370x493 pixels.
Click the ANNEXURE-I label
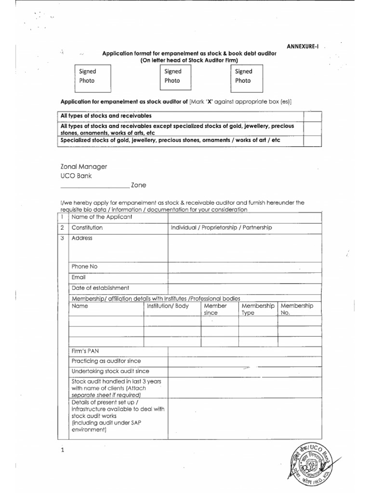tap(303, 46)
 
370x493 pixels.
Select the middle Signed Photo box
tap(179, 77)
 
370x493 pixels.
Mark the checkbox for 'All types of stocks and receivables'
tap(312, 116)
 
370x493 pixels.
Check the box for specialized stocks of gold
tap(312, 140)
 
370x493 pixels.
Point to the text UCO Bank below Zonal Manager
tap(76, 176)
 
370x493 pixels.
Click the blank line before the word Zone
tap(94, 185)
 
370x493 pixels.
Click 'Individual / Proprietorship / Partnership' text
tap(222, 227)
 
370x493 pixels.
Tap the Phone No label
tap(84, 267)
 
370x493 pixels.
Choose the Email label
tap(79, 277)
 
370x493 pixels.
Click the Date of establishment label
tap(100, 288)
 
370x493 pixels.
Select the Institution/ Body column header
tap(168, 306)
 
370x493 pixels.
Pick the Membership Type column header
tap(258, 309)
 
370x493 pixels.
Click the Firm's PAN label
tap(85, 350)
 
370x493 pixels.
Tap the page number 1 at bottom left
tap(62, 451)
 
